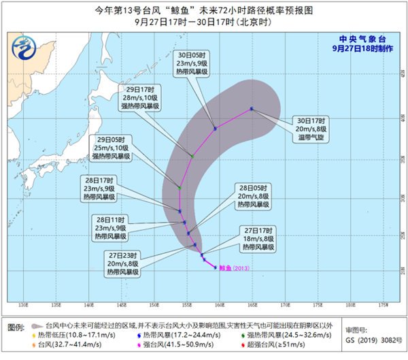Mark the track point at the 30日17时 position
(252, 109)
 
